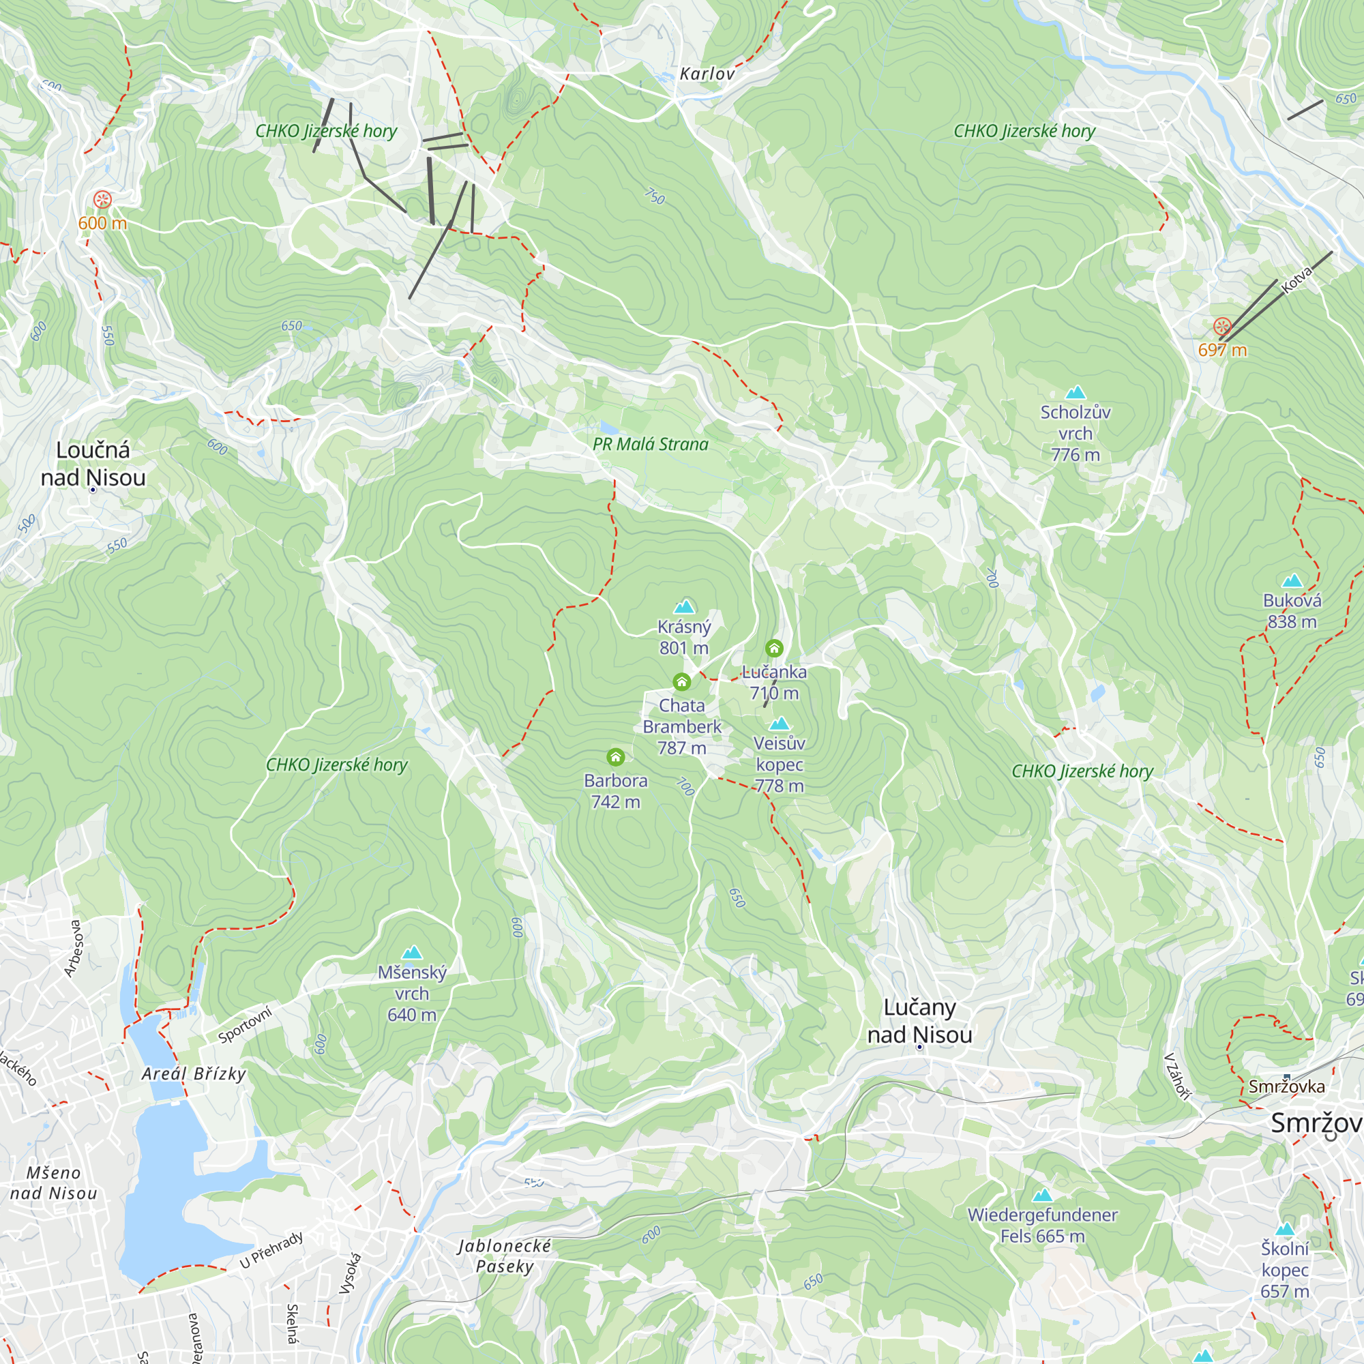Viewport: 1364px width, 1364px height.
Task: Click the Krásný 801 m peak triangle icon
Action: coord(683,606)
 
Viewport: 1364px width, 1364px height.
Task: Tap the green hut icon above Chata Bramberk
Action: coord(681,681)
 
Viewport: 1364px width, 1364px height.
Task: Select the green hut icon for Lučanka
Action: coord(774,648)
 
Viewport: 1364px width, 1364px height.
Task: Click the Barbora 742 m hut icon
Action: coord(616,758)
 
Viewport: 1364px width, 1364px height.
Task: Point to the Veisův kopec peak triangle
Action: coord(779,724)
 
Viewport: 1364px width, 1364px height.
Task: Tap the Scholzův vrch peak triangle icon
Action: coord(1076,393)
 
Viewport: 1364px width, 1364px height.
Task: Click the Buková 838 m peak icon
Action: coord(1292,581)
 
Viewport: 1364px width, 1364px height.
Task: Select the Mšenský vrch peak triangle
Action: coord(412,953)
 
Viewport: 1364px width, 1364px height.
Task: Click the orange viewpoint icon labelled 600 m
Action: coord(102,200)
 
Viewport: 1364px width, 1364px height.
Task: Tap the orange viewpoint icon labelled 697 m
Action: coord(1222,326)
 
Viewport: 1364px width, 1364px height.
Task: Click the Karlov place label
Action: coord(707,74)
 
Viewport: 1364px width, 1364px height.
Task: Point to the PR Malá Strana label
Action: coord(650,444)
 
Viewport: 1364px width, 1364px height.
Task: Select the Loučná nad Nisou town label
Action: coord(93,464)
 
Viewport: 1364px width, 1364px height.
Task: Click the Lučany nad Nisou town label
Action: coord(919,1021)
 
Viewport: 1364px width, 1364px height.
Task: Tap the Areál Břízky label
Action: coord(194,1074)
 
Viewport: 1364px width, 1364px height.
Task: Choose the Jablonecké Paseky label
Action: coord(504,1256)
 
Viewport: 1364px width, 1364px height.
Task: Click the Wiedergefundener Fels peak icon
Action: coord(1042,1196)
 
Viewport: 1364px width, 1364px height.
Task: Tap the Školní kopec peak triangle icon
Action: coord(1284,1229)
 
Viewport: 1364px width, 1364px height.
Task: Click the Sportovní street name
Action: coord(245,1025)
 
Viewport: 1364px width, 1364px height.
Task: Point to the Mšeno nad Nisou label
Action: coord(54,1183)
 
